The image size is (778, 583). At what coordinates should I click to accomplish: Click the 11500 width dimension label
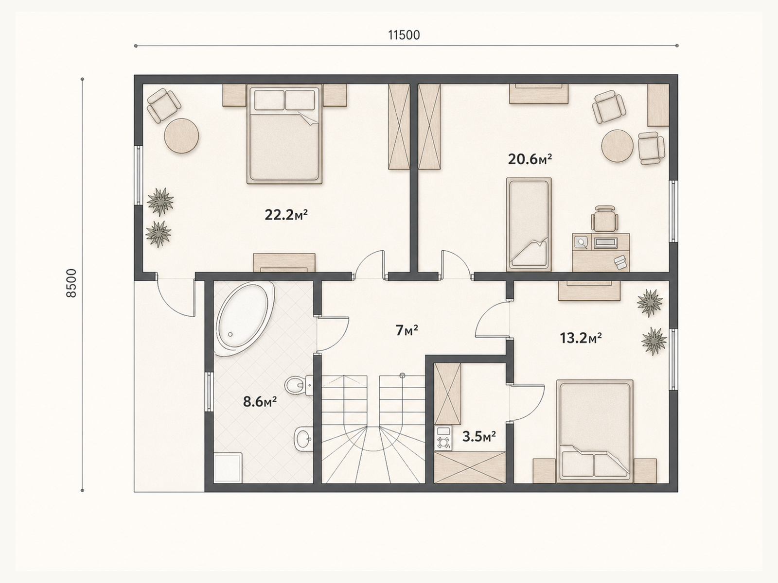click(x=404, y=35)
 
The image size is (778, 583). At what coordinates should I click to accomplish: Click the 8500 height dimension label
click(x=71, y=283)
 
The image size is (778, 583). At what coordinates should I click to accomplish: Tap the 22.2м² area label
click(x=286, y=215)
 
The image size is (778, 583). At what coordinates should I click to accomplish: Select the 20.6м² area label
click(x=530, y=159)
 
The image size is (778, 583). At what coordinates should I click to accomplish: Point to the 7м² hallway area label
click(x=407, y=330)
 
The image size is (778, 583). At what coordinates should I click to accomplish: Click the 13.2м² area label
click(x=581, y=338)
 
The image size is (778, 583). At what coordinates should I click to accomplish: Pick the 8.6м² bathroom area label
click(x=260, y=402)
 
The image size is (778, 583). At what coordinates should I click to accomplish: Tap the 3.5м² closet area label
click(x=479, y=436)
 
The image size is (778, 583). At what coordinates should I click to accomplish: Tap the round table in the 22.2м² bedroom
click(x=181, y=136)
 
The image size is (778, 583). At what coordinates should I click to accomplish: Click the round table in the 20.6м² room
click(x=618, y=146)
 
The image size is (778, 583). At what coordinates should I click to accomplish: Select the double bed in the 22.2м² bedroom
click(x=284, y=134)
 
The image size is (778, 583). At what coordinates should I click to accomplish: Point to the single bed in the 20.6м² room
click(x=529, y=224)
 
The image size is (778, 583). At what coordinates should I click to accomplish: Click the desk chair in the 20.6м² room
click(x=604, y=219)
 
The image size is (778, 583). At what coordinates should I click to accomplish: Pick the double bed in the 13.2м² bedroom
click(x=595, y=431)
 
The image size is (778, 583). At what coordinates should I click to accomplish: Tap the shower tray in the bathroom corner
click(x=228, y=467)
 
